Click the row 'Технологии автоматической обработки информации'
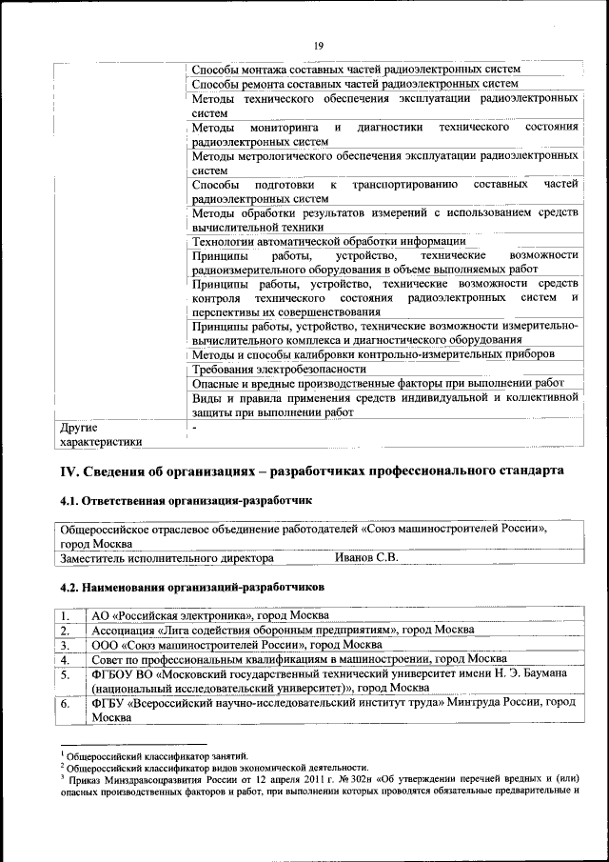(x=315, y=241)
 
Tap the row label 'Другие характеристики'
(x=101, y=434)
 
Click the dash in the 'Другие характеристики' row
(x=194, y=428)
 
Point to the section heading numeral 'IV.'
(x=69, y=471)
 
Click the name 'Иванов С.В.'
(x=365, y=558)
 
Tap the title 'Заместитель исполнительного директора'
(x=167, y=558)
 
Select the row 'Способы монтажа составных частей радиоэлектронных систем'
(x=357, y=70)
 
